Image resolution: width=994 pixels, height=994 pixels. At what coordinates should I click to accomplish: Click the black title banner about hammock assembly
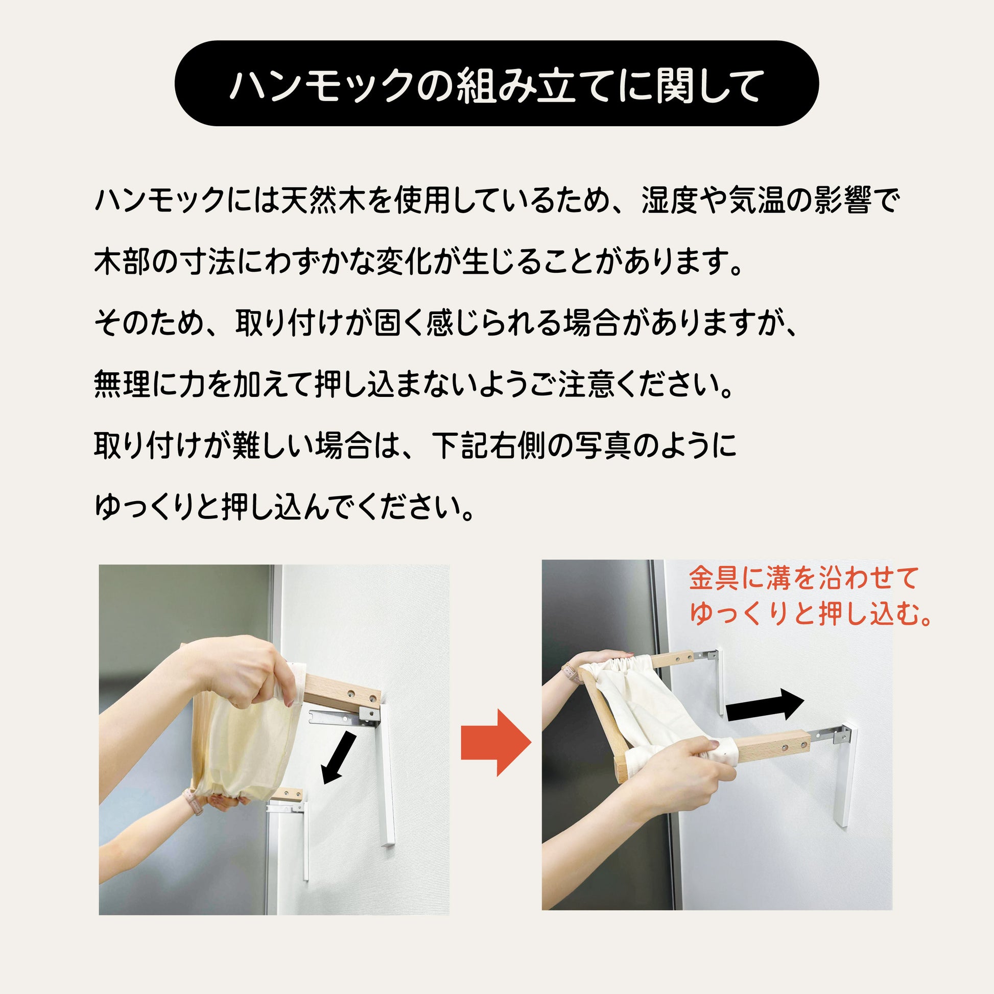[496, 83]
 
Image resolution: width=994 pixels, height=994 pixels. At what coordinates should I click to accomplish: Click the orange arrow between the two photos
[495, 742]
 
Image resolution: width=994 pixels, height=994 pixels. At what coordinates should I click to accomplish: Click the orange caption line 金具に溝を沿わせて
[803, 578]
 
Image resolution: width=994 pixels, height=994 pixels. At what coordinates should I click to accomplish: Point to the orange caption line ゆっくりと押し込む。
[811, 614]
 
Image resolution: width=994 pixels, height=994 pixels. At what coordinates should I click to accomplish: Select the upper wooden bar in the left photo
[342, 692]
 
